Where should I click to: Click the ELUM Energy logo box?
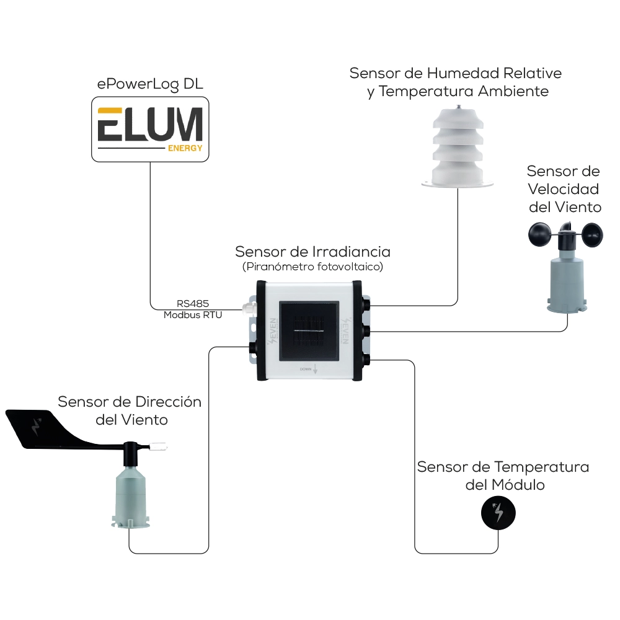[x=150, y=128]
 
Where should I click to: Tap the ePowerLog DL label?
[x=150, y=85]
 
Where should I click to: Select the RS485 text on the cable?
[x=193, y=304]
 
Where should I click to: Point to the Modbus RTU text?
[x=193, y=315]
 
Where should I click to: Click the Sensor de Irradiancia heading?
[x=312, y=252]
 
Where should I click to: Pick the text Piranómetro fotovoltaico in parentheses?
[x=312, y=267]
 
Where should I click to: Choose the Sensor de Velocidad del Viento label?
[x=564, y=188]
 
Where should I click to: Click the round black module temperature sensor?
[x=498, y=512]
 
